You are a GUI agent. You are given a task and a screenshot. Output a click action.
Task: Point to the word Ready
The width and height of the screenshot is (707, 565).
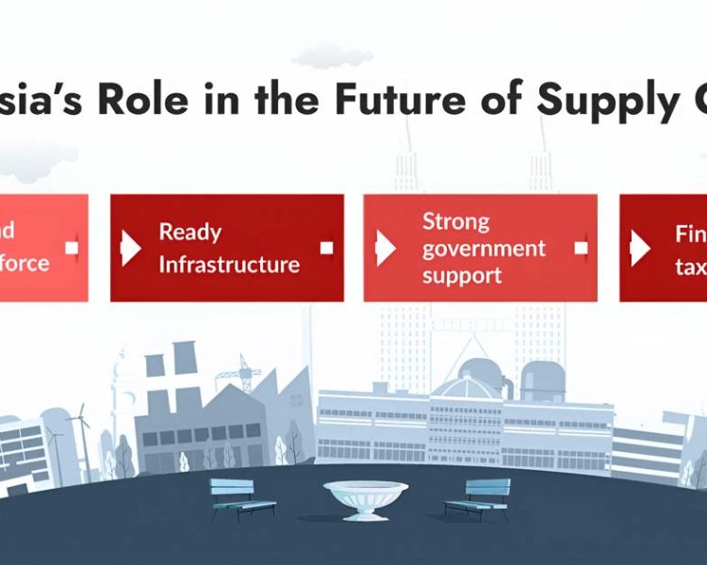[x=189, y=232]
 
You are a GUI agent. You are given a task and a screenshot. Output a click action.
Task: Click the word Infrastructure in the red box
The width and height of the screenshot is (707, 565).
[x=229, y=264]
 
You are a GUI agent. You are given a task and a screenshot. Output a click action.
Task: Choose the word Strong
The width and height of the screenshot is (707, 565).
[x=456, y=221]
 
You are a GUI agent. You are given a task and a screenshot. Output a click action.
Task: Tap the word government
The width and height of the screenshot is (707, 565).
[x=484, y=249]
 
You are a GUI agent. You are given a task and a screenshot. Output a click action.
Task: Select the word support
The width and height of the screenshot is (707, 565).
[x=461, y=275]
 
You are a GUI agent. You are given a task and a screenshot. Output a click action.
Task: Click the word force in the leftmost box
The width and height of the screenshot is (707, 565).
[x=25, y=262]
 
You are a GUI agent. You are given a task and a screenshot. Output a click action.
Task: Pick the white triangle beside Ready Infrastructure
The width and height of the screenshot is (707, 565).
[x=131, y=248]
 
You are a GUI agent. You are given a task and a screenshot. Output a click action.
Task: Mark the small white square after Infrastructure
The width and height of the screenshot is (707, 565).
[x=326, y=249]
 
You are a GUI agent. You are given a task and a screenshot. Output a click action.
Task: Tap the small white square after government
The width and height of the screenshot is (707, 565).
[x=581, y=249]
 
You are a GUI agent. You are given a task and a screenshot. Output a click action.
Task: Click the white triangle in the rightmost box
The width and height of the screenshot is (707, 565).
[x=640, y=248]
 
